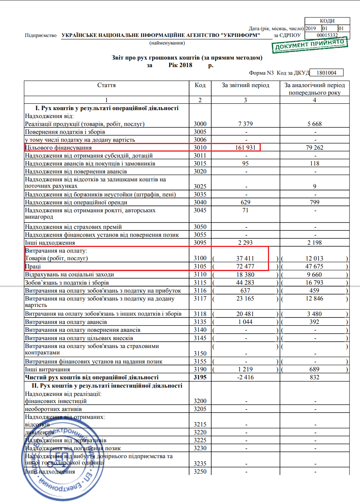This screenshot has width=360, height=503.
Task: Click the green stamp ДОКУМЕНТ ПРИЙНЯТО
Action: (309, 45)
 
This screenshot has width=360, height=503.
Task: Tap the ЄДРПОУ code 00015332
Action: (327, 35)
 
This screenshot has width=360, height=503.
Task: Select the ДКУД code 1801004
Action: (326, 73)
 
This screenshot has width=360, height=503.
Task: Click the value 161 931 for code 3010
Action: (245, 148)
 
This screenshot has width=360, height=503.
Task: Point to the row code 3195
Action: (200, 377)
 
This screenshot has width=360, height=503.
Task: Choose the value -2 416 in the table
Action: (245, 377)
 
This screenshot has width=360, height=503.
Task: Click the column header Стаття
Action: (106, 85)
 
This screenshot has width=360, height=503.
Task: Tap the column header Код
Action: (200, 85)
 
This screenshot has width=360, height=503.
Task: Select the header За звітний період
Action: (245, 85)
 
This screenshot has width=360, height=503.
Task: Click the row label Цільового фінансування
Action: (58, 148)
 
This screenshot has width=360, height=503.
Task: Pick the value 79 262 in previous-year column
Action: (314, 148)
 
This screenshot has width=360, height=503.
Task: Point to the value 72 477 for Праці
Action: (245, 267)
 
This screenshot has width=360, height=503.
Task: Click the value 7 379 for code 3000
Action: (245, 124)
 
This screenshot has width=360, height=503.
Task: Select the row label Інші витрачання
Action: (48, 370)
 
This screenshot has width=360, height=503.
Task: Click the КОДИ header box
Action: (327, 21)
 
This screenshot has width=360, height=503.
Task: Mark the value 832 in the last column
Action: (314, 377)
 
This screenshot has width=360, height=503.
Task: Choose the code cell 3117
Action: (200, 299)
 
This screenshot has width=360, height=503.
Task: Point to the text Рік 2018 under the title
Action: (180, 65)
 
